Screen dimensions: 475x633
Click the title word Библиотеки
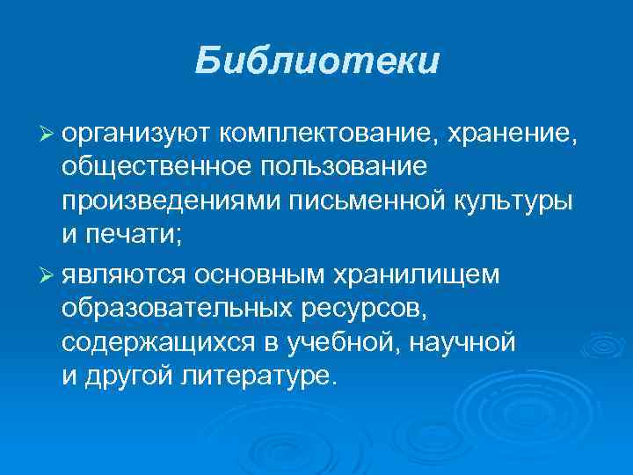coord(316,62)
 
